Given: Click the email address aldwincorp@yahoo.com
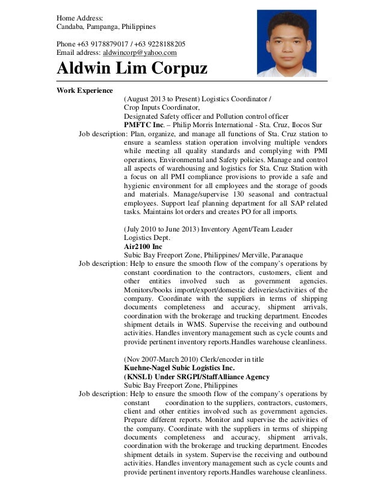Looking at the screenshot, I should click(x=140, y=53).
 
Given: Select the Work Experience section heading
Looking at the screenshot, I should click(x=84, y=90).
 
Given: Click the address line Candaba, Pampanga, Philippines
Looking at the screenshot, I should click(x=106, y=27).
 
